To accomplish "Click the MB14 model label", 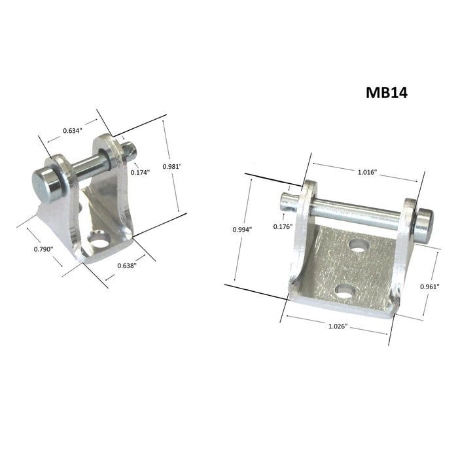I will (x=387, y=92).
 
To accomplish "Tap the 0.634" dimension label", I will (x=72, y=131).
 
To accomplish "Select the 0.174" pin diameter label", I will (x=140, y=173).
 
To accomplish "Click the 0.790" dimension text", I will (x=43, y=249).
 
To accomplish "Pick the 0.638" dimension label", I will (x=126, y=266).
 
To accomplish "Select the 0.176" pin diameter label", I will (x=283, y=226).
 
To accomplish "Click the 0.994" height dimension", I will (x=242, y=229).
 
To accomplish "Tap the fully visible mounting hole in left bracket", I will (x=99, y=243).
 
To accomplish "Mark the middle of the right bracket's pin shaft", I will (x=357, y=213).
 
